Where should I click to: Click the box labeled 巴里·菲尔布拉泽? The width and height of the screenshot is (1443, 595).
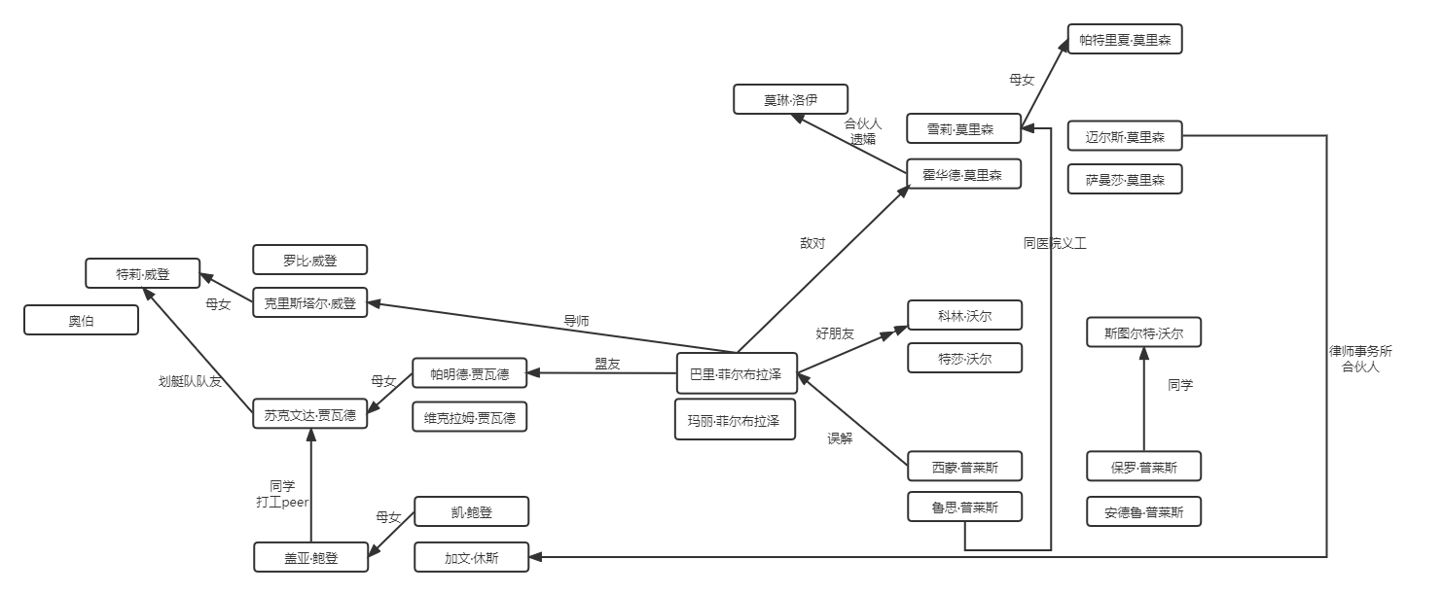(736, 374)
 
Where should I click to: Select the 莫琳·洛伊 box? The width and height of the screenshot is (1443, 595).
(791, 99)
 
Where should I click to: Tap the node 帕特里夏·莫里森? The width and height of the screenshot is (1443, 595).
(1124, 40)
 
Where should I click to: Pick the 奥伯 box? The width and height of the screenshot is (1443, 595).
(82, 321)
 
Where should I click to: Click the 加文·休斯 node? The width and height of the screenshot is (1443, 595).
(472, 557)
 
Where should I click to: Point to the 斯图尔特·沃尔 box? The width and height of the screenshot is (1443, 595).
(1143, 334)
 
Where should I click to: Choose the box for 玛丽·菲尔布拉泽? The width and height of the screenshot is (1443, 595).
(736, 421)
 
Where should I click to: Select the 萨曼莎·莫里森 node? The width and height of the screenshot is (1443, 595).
(1124, 180)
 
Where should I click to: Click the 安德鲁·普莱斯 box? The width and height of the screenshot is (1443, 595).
(1143, 512)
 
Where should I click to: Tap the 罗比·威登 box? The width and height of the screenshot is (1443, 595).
(310, 261)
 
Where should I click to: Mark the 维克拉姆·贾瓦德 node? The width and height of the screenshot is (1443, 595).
(470, 418)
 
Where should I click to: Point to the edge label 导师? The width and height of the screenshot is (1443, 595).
(576, 321)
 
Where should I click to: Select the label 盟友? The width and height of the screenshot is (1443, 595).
(608, 364)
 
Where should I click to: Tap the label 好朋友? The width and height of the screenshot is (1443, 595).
(834, 333)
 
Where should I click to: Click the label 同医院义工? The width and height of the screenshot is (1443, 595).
(1054, 244)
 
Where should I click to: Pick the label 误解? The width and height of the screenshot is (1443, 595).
(839, 438)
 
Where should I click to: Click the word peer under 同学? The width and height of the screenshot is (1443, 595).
(295, 503)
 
